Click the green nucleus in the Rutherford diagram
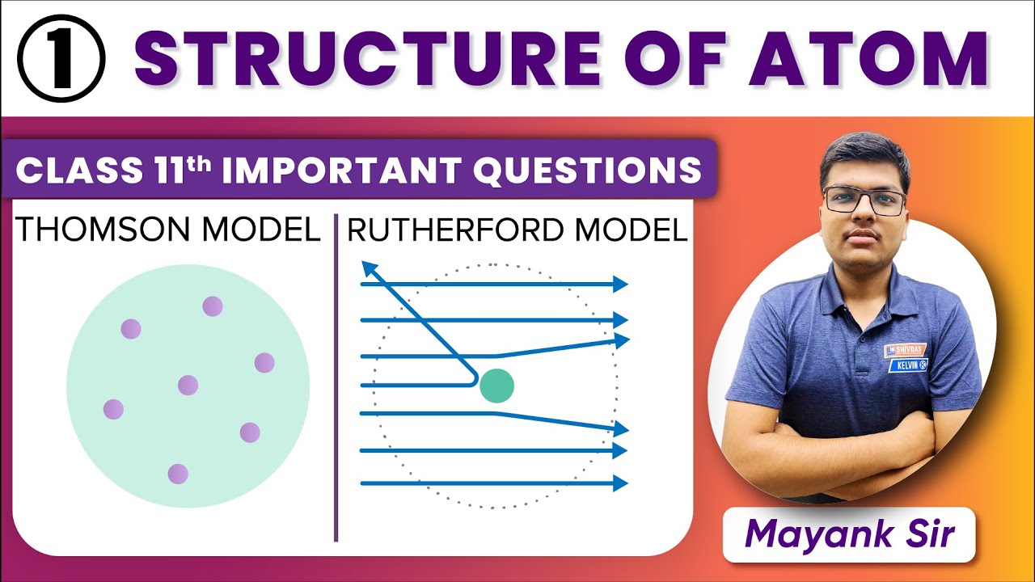pyautogui.click(x=496, y=386)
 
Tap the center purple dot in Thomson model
pyautogui.click(x=188, y=386)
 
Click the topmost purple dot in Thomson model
pyautogui.click(x=212, y=306)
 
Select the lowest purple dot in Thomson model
pyautogui.click(x=178, y=474)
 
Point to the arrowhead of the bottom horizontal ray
pyautogui.click(x=620, y=483)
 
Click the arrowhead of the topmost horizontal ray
pyautogui.click(x=620, y=284)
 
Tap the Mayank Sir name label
pyautogui.click(x=848, y=534)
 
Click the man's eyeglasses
pyautogui.click(x=864, y=200)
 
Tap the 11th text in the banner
pyautogui.click(x=188, y=170)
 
